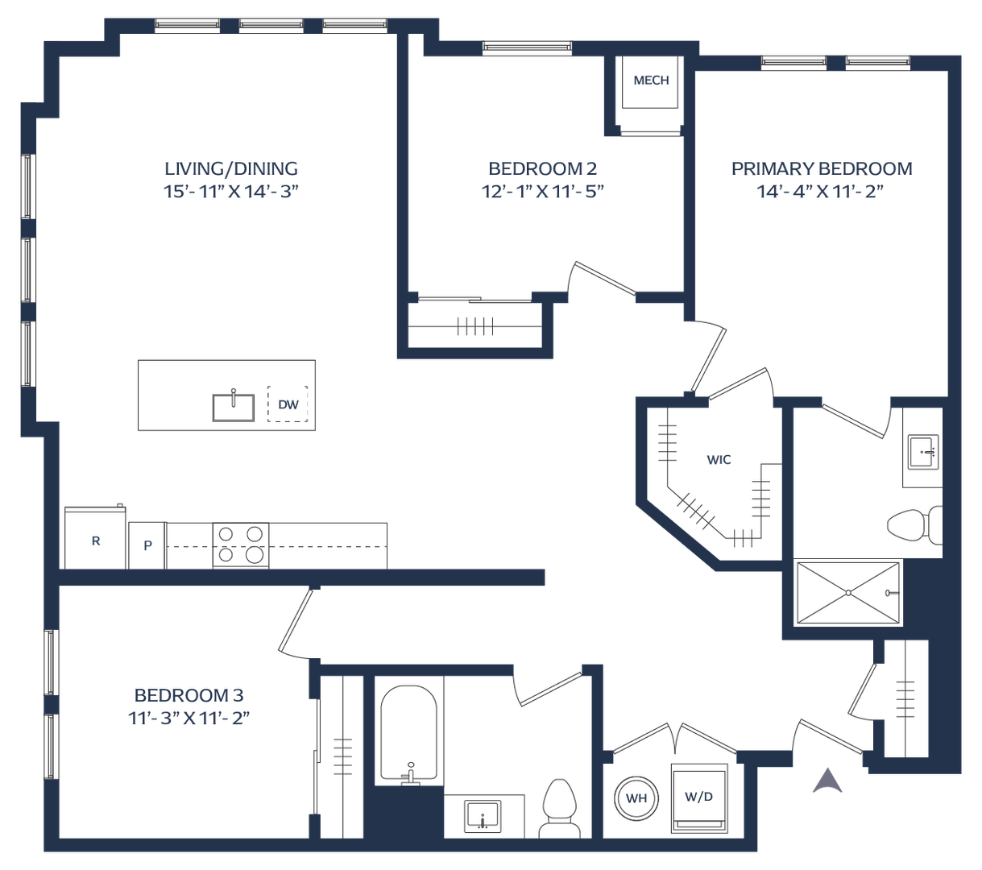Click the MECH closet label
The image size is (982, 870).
[651, 81]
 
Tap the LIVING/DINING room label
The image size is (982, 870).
[231, 168]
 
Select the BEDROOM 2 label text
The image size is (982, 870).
[542, 168]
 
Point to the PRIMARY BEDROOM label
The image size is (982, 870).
[822, 168]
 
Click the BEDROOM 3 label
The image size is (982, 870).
[189, 695]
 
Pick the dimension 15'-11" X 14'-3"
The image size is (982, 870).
[231, 192]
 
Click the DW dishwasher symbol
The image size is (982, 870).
[288, 404]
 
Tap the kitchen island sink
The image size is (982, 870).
[234, 407]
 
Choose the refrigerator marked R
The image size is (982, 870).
[95, 539]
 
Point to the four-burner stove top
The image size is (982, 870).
[241, 544]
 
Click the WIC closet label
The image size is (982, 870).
[719, 460]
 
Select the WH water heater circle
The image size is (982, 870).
[636, 797]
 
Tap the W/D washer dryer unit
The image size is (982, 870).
[699, 797]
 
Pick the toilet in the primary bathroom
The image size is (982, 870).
[914, 524]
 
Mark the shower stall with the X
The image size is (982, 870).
[848, 592]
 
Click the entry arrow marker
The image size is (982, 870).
[827, 780]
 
